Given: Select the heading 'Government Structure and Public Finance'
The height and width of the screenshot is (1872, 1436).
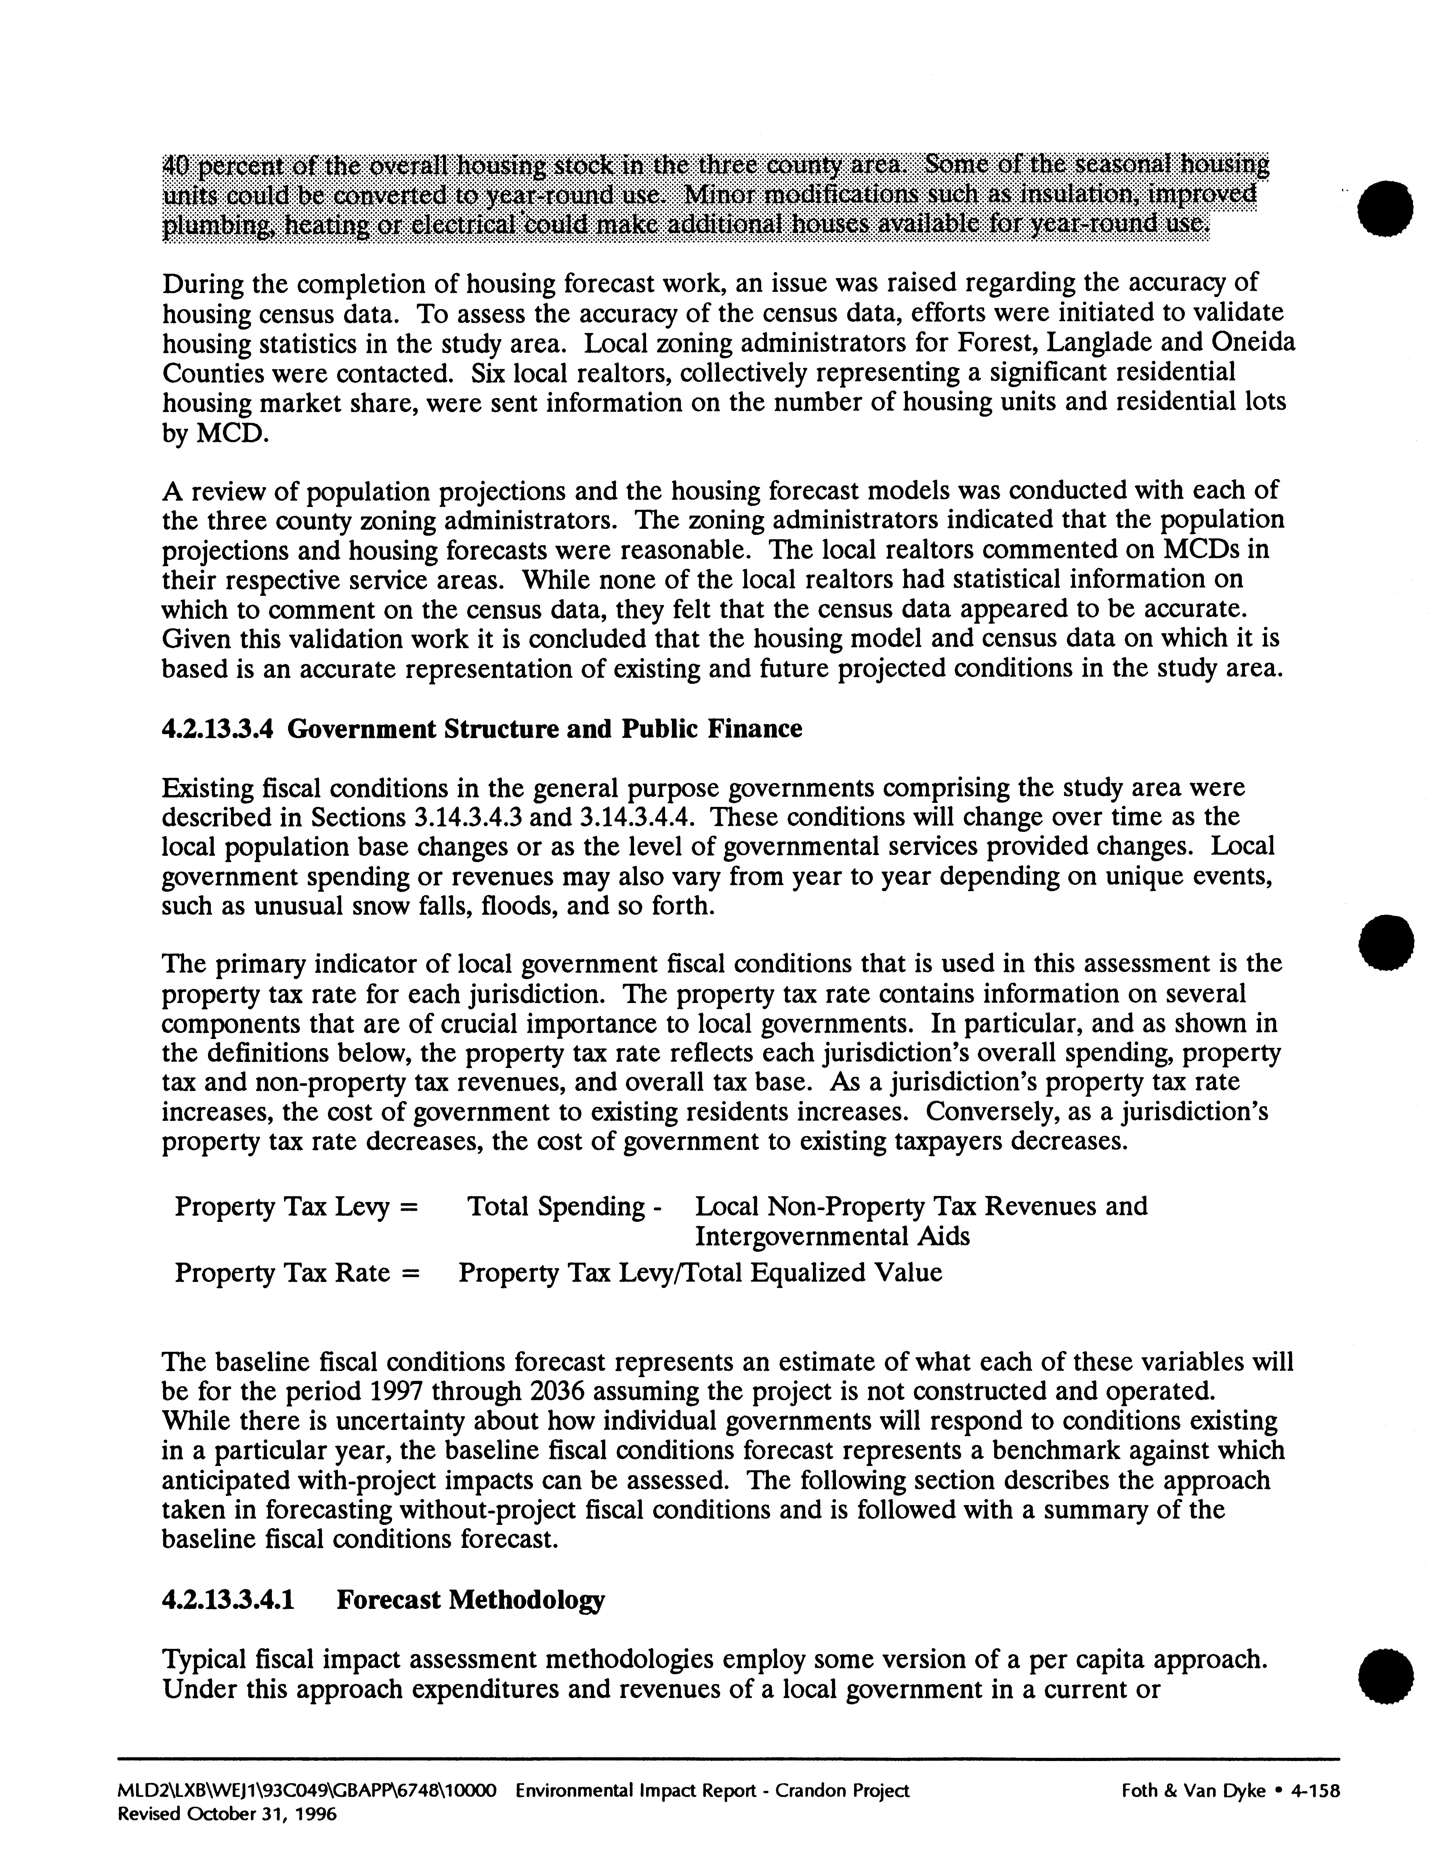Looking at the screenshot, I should point(545,729).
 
